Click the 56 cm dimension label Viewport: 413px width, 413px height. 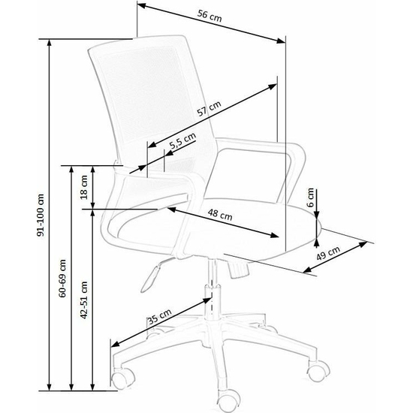pyautogui.click(x=210, y=16)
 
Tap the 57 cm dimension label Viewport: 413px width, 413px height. pyautogui.click(x=210, y=109)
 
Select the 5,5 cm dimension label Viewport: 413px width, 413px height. pyautogui.click(x=182, y=141)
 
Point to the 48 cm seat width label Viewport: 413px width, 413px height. pyautogui.click(x=220, y=215)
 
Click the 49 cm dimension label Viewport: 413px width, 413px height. pyautogui.click(x=328, y=253)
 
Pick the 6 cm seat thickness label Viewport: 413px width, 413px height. pyautogui.click(x=311, y=197)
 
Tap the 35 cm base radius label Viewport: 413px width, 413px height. pyautogui.click(x=159, y=317)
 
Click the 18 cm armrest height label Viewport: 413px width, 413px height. pyautogui.click(x=84, y=187)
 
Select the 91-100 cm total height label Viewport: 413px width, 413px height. pyautogui.click(x=41, y=215)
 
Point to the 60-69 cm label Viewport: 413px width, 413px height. pyautogui.click(x=62, y=279)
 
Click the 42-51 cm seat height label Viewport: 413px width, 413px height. pyautogui.click(x=84, y=300)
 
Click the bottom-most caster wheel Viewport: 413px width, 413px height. pyautogui.click(x=227, y=401)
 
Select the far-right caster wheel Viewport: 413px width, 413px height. pyautogui.click(x=318, y=370)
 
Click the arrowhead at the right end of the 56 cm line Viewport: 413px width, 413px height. pyautogui.click(x=281, y=41)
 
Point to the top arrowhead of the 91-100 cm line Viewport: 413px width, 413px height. pyautogui.click(x=49, y=44)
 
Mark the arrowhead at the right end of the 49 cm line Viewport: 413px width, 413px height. pyautogui.click(x=363, y=244)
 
